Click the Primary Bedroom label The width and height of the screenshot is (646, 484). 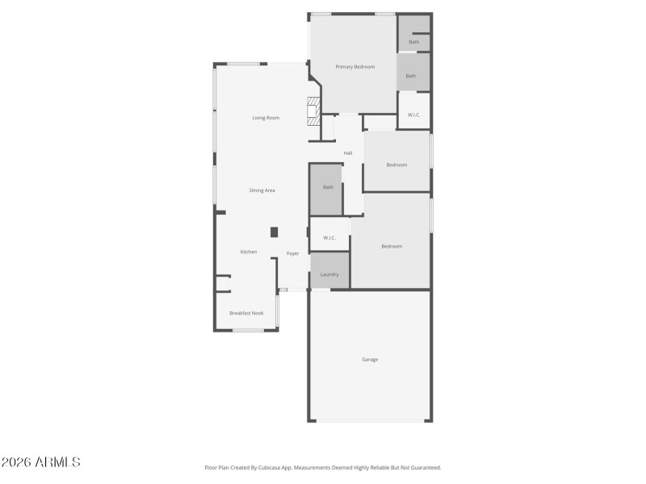(355, 67)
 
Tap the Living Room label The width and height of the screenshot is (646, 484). (266, 119)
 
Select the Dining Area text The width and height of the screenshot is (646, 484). (262, 190)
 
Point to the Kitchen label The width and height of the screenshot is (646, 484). (249, 252)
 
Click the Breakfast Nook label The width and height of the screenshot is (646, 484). (246, 313)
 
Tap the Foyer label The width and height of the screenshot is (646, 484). (292, 254)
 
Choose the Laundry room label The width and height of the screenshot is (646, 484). (329, 274)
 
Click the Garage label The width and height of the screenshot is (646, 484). (369, 360)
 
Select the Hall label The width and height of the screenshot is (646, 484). (348, 153)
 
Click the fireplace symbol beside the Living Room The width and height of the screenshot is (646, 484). (313, 110)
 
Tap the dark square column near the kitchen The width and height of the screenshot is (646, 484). (274, 232)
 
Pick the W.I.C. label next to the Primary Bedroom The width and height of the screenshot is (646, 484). (413, 115)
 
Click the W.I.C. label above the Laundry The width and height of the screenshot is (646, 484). (329, 238)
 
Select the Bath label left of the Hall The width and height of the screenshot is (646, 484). (328, 187)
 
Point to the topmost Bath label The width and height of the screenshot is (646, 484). (413, 42)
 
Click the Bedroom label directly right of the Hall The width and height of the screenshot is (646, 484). (396, 165)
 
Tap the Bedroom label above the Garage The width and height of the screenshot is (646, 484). (392, 246)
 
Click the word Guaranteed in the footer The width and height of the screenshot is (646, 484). (425, 467)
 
